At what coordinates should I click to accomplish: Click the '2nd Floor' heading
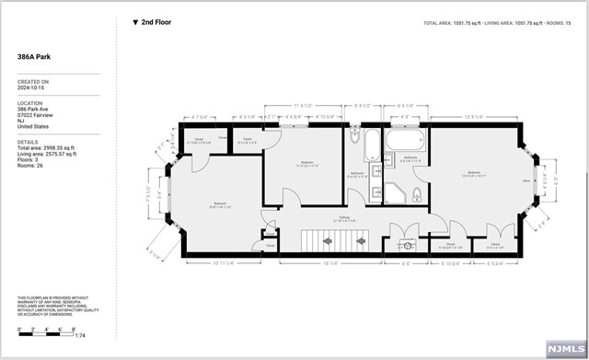click(156, 21)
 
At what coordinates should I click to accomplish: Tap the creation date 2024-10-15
click(32, 90)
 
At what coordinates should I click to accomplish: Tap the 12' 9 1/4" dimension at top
click(475, 116)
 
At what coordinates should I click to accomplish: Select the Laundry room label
click(405, 247)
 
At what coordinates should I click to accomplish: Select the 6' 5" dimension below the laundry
click(406, 263)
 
